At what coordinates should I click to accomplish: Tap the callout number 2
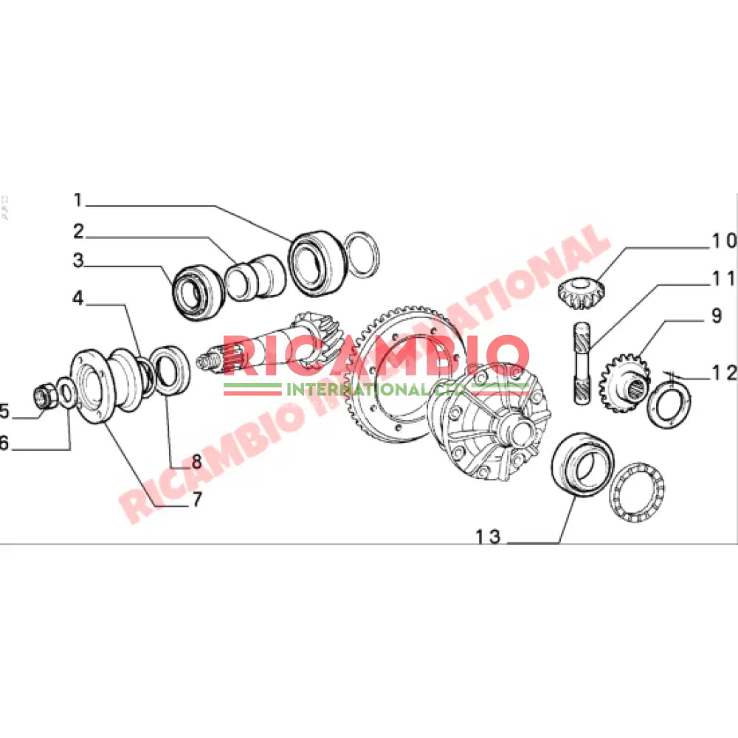(x=78, y=232)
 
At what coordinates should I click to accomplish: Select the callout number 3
(x=78, y=261)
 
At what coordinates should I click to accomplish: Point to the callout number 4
(x=78, y=299)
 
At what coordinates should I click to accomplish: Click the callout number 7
(x=196, y=500)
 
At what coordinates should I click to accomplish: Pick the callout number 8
(x=196, y=463)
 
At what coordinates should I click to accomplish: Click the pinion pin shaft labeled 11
(x=580, y=364)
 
